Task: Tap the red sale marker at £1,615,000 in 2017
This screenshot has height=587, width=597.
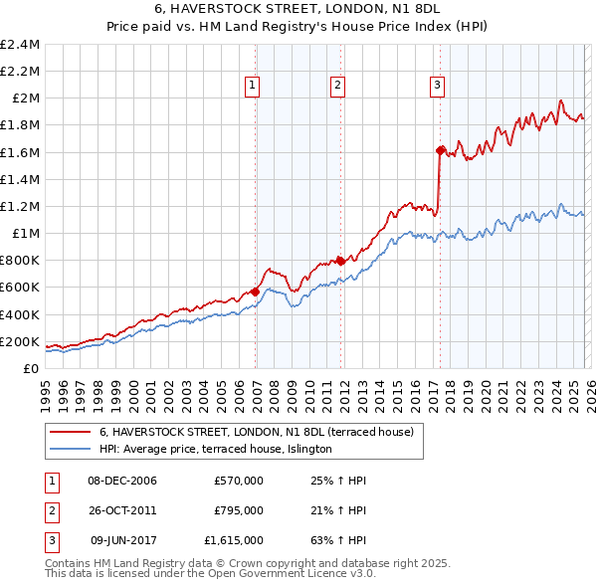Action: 439,150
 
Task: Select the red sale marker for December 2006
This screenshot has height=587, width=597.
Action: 255,292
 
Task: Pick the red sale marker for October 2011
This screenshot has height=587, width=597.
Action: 340,261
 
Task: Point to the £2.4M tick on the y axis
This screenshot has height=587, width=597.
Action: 20,45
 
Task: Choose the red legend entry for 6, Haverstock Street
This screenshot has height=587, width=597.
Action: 263,433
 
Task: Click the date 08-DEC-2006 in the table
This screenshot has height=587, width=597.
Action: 122,481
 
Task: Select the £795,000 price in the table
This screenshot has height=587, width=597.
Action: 239,510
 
